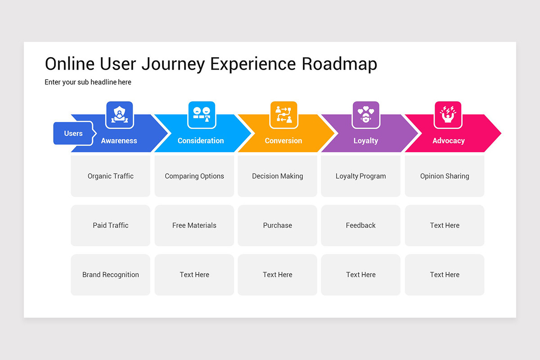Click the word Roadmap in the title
[339, 64]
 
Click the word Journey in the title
[173, 64]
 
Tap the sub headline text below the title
[88, 82]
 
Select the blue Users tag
[73, 133]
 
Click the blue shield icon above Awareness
[120, 115]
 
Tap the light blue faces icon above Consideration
[202, 115]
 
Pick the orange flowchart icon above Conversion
[284, 115]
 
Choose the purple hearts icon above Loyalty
[366, 115]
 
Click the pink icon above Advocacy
[448, 115]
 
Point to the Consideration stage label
[201, 140]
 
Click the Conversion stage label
[283, 140]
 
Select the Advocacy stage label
[449, 141]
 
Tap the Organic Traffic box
[111, 176]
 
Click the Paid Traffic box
[111, 225]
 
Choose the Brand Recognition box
[111, 274]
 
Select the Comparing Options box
[194, 176]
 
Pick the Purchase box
[278, 225]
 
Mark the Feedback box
[361, 225]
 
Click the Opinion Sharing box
[445, 176]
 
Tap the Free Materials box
[194, 225]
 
